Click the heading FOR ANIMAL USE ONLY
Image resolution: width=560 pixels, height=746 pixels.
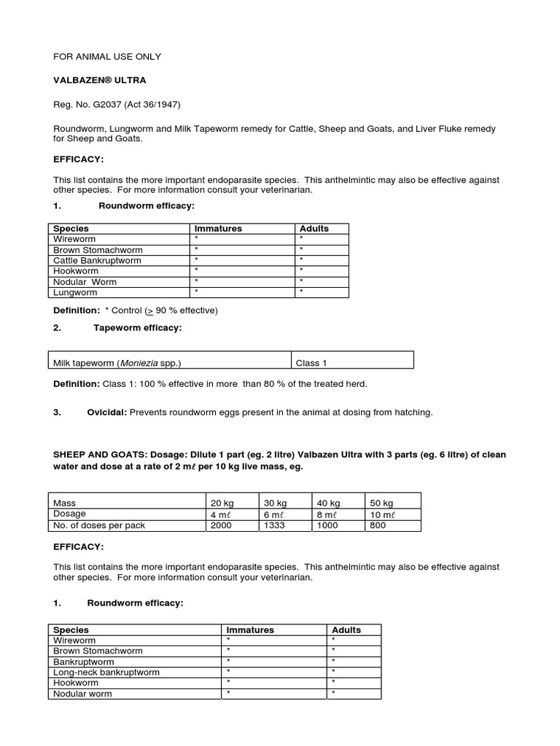click(x=107, y=57)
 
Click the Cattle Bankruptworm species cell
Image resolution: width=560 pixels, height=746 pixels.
click(x=98, y=260)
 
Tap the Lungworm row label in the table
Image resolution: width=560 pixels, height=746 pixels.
click(x=75, y=292)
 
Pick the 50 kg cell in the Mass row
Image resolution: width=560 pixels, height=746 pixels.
click(x=381, y=503)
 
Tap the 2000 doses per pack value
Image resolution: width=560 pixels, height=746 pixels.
click(x=222, y=525)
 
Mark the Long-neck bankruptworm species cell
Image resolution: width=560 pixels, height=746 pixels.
click(x=106, y=672)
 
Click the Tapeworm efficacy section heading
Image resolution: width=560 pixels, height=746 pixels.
click(x=137, y=328)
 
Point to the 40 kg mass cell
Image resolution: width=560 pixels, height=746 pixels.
click(x=328, y=503)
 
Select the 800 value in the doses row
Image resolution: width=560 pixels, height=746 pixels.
click(x=378, y=525)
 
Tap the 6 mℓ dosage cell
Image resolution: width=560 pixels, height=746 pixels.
click(x=274, y=514)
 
